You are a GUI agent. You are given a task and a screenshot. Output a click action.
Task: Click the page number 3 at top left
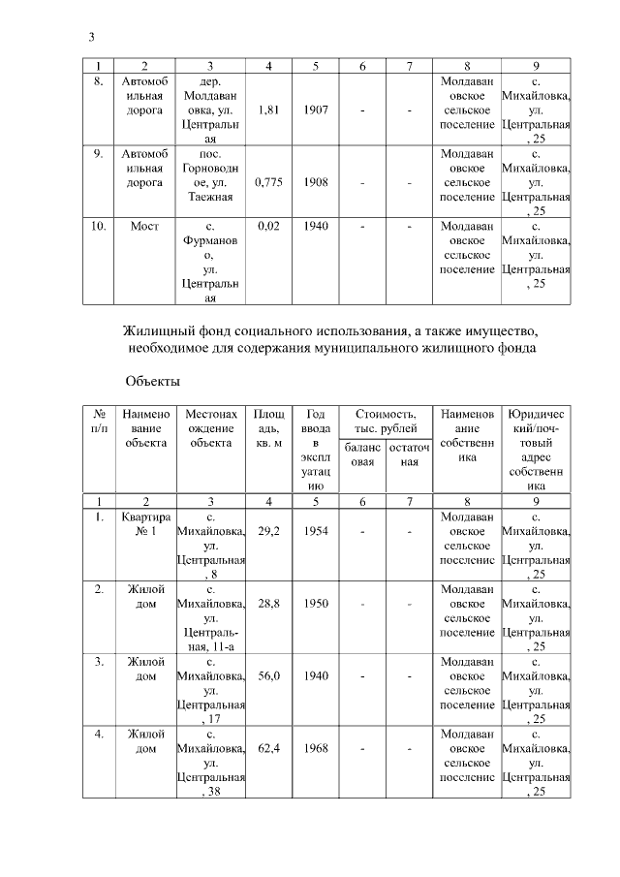pos(90,37)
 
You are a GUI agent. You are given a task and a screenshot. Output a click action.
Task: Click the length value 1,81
pos(270,110)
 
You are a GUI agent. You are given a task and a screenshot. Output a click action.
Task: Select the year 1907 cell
pos(316,110)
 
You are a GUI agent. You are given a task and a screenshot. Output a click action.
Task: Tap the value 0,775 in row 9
pos(270,181)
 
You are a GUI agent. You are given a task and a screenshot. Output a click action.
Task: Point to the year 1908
pos(316,181)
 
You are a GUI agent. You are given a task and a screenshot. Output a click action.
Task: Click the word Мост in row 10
pos(144,227)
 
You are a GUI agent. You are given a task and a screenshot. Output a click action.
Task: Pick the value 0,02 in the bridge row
pos(270,227)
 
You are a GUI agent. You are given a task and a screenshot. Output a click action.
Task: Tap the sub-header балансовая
pos(361,455)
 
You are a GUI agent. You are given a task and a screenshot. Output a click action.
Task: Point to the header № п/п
pos(98,422)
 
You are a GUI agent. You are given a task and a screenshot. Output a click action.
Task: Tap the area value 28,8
pos(270,603)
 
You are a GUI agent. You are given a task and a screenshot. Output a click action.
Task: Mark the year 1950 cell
pos(316,603)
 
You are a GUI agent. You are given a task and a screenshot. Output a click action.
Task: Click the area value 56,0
pos(270,675)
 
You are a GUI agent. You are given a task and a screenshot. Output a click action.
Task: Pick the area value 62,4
pos(270,749)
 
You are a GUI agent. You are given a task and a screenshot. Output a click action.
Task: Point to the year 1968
pos(316,749)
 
